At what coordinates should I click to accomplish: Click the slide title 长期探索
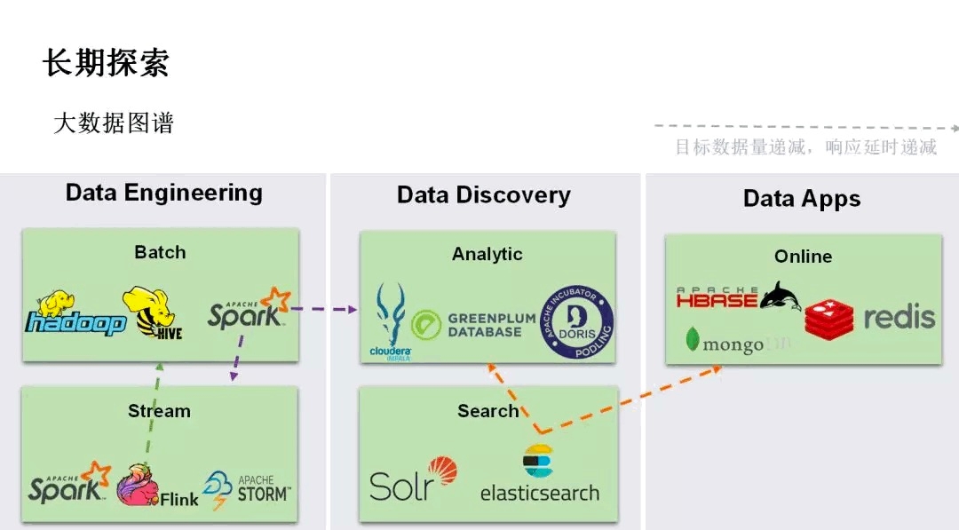click(x=106, y=63)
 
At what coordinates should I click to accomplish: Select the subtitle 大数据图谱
click(x=114, y=123)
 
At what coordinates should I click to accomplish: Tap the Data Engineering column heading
click(x=164, y=193)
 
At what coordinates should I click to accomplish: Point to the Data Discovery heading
click(x=484, y=195)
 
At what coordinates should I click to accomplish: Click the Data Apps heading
click(x=802, y=199)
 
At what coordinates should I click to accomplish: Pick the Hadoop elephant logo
click(x=75, y=314)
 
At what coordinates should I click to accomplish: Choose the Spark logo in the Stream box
click(x=69, y=484)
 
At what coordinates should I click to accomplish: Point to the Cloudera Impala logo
click(x=391, y=321)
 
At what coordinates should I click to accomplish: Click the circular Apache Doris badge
click(x=576, y=321)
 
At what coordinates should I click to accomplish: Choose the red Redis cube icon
click(x=828, y=318)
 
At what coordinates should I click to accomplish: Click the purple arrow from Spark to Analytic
click(x=324, y=310)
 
